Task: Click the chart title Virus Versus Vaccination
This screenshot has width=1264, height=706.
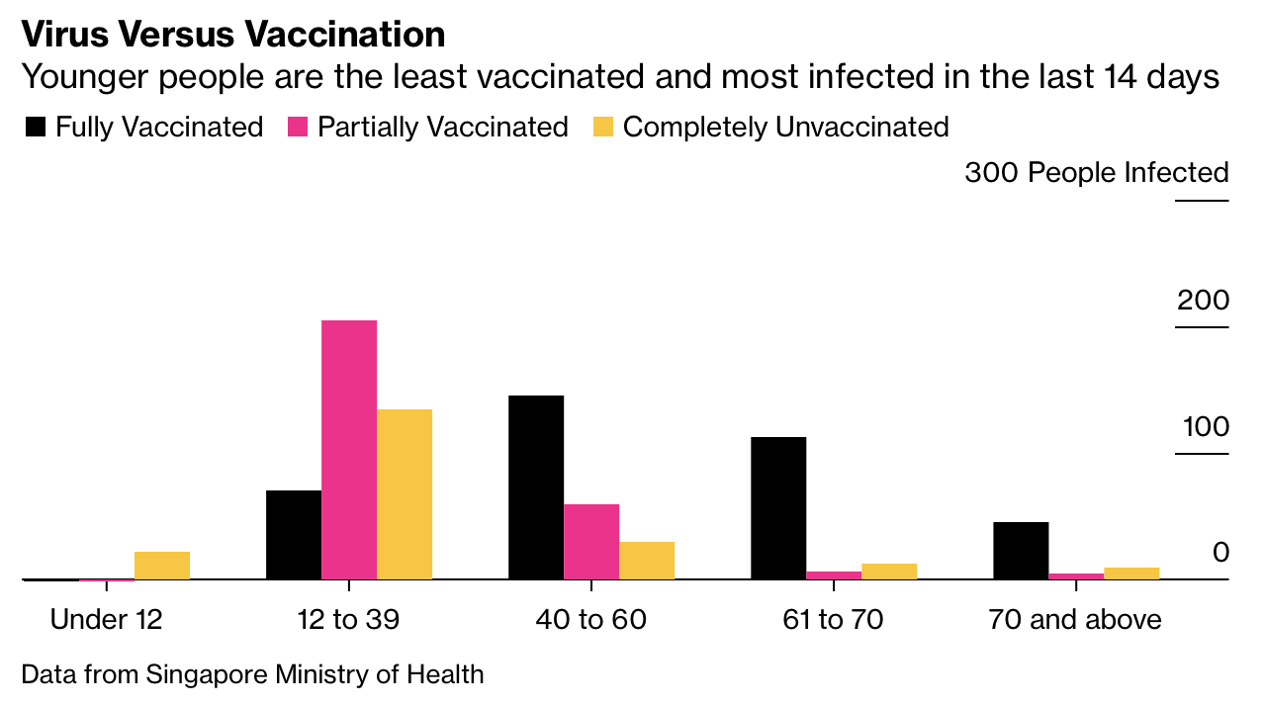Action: [232, 35]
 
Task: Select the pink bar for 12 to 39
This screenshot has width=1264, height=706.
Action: [349, 450]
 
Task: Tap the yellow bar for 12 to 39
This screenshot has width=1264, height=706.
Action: [405, 494]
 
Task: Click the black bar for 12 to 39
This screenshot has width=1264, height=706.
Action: [294, 535]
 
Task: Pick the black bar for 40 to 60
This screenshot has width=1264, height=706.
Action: [536, 487]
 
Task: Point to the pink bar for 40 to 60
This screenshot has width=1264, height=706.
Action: [591, 542]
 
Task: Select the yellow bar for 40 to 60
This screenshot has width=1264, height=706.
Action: [647, 561]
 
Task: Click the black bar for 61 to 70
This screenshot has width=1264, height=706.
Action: [778, 508]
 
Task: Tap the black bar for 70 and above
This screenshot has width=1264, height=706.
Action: [1021, 551]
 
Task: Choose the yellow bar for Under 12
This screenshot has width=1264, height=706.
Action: [162, 566]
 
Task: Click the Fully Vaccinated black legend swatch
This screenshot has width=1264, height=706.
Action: [36, 128]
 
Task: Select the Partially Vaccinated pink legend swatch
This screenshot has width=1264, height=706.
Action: [298, 128]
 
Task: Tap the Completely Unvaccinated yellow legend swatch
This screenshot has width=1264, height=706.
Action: [603, 128]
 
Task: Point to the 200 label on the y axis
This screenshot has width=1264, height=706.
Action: [1203, 301]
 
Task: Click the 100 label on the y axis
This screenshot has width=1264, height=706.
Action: [1205, 427]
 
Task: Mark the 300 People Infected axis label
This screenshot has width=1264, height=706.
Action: [1096, 173]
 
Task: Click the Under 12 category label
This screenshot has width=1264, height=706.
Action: [106, 620]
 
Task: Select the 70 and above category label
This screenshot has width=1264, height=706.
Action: [1075, 620]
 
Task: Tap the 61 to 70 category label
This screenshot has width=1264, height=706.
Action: [833, 620]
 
